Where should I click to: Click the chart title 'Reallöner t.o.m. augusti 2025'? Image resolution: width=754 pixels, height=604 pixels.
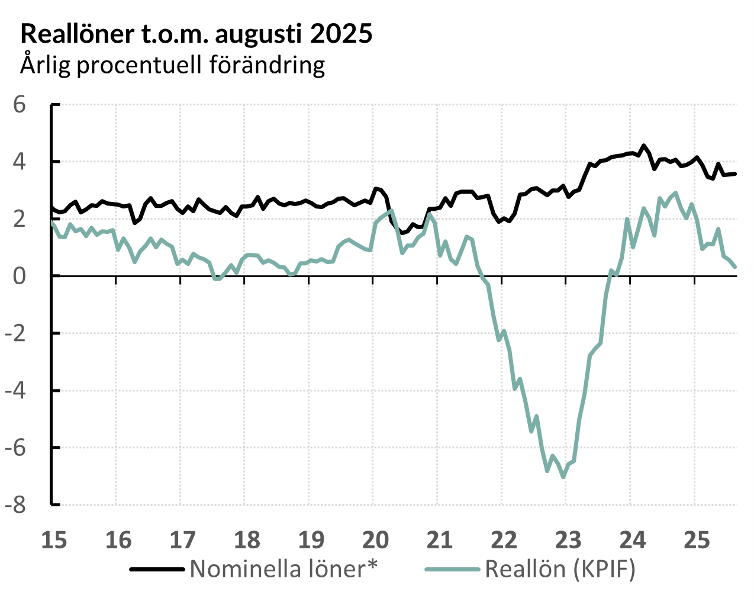coord(196,34)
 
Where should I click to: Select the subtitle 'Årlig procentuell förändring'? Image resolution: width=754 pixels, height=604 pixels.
coord(173,64)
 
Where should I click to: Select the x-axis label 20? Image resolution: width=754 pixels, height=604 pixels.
coord(375,540)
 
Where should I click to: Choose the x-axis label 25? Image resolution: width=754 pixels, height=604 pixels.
coord(697,540)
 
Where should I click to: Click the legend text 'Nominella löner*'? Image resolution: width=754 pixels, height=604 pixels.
coord(283,569)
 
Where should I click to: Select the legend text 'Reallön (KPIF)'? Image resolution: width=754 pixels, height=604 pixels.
coord(560,569)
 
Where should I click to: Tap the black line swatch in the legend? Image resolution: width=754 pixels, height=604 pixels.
coord(157,570)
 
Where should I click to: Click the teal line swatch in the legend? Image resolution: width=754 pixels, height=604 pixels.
coord(452,570)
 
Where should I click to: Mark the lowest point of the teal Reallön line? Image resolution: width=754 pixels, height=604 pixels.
coord(563,477)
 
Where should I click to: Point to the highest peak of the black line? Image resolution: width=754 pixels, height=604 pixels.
coord(644,145)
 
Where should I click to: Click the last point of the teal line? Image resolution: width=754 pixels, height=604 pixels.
coord(735,266)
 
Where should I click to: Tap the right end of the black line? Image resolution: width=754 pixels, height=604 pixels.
coord(735,174)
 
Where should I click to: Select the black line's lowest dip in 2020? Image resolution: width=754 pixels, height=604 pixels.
coord(402,233)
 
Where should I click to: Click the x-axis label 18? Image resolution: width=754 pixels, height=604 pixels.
coord(247,540)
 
